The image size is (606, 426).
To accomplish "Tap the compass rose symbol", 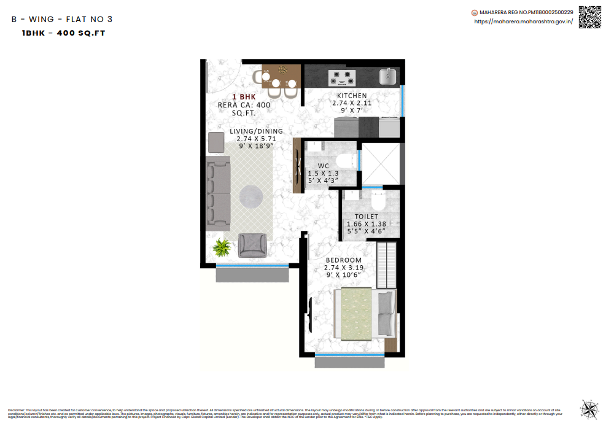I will pos(589,409).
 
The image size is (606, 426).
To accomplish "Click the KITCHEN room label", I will pos(352,96).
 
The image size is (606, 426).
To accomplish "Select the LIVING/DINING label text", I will pos(256,131).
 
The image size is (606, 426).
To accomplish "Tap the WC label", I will pos(323,166).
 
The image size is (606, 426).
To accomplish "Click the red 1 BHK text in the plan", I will pos(244,97).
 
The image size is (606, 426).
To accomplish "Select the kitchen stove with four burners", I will pos(342,77).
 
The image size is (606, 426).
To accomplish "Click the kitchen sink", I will pos(388,77).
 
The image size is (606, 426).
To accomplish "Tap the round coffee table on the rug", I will pos(251,196).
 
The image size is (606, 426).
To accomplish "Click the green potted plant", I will pos(220,248).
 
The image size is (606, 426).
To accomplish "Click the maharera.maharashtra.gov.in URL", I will pos(523,21).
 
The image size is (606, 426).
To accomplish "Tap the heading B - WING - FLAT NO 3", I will pos(62,19).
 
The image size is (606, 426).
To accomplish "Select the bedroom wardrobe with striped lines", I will pos(387,265).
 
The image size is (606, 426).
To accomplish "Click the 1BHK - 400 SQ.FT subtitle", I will pos(63,33).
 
